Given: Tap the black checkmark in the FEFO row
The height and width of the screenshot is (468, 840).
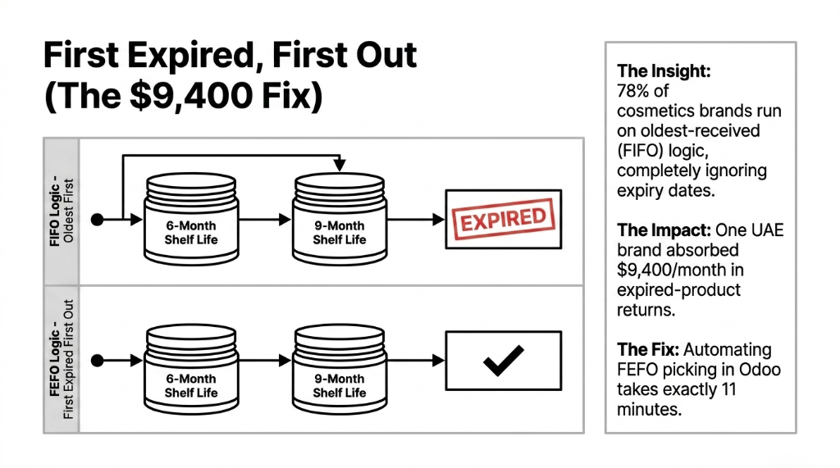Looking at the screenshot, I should [x=503, y=361].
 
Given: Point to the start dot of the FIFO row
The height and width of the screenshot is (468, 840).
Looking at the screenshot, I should [x=98, y=220].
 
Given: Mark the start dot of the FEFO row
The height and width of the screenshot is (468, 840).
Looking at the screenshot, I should [x=98, y=361].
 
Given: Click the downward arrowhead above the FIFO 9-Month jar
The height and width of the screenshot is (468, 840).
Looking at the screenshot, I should [x=339, y=166].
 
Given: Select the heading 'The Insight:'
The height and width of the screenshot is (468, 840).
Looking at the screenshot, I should [x=663, y=71].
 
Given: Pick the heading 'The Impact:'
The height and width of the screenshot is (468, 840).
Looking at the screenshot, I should [x=663, y=230].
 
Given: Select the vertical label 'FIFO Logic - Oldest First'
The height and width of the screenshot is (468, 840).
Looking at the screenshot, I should [x=62, y=211].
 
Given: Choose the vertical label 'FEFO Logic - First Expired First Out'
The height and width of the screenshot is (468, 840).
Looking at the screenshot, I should [x=62, y=358].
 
